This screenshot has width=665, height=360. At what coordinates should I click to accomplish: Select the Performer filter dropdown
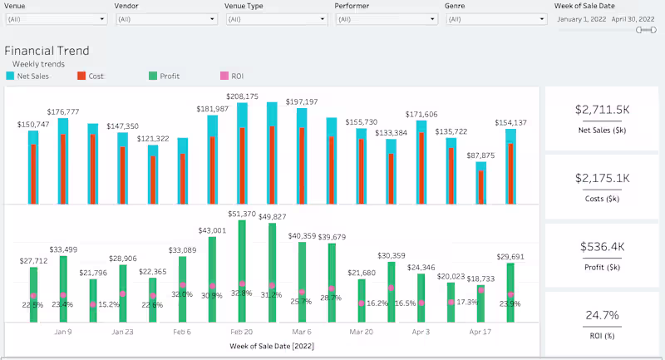tap(382, 18)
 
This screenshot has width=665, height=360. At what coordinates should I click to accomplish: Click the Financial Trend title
tap(47, 51)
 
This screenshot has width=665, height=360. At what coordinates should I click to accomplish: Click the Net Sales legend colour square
tap(10, 76)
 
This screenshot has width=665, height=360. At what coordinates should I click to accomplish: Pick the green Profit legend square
tap(152, 76)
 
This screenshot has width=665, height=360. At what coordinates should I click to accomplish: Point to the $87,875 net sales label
tap(481, 155)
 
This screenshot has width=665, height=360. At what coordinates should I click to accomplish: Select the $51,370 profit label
tap(242, 214)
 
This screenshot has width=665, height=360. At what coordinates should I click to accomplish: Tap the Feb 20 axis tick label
tap(242, 331)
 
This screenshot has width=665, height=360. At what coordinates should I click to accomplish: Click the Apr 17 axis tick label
tap(481, 331)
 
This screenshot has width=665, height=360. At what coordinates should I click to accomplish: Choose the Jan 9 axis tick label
tap(62, 331)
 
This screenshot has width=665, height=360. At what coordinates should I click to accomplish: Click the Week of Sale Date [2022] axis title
tap(271, 345)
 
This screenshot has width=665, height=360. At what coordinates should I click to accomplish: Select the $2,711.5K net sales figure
tap(602, 109)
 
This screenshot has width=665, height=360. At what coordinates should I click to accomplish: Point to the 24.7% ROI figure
tap(602, 315)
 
